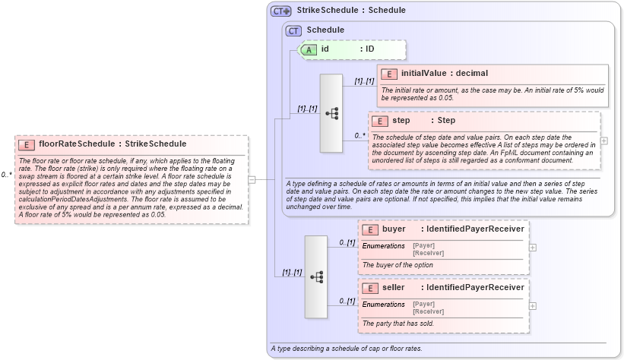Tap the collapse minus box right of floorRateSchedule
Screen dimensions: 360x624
[x=252, y=179]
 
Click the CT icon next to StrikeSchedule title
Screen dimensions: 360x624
[x=281, y=11]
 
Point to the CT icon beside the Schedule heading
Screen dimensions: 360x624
[x=293, y=30]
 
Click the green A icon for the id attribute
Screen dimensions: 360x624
[x=309, y=49]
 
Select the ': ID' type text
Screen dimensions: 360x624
[x=367, y=49]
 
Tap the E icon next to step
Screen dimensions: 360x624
[x=380, y=121]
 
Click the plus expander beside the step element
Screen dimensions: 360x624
[x=604, y=141]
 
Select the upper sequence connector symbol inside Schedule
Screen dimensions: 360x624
[x=332, y=113]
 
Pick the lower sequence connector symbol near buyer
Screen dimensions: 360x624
[x=316, y=276]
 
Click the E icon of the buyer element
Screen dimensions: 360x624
[x=370, y=229]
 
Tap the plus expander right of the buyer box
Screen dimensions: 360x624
[x=532, y=247]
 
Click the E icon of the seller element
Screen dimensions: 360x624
[x=370, y=288]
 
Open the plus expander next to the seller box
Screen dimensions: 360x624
[x=532, y=305]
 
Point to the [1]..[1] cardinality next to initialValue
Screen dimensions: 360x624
[x=364, y=81]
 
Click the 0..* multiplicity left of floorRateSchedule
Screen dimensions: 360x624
[x=7, y=175]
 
